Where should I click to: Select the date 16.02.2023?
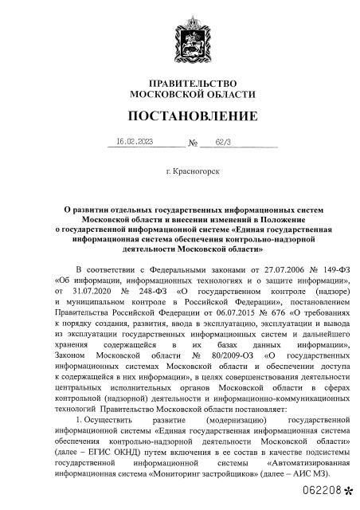click(134, 143)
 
